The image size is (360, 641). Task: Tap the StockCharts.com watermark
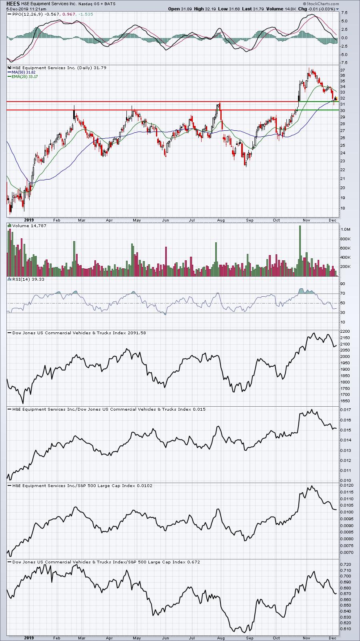pyautogui.click(x=321, y=4)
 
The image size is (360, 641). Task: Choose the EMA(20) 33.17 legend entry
pyautogui.click(x=25, y=76)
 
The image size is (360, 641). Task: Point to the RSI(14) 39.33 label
pyautogui.click(x=28, y=279)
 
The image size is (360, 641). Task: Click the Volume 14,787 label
pyautogui.click(x=29, y=226)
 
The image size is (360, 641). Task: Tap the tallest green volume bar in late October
pyautogui.click(x=300, y=251)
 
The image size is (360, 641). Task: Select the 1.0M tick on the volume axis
pyautogui.click(x=346, y=229)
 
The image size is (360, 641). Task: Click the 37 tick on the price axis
pyautogui.click(x=343, y=70)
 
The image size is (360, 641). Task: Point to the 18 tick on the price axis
pyautogui.click(x=343, y=208)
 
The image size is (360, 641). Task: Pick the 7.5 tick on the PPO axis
pyautogui.click(x=344, y=12)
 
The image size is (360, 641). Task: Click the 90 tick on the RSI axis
pyautogui.click(x=343, y=284)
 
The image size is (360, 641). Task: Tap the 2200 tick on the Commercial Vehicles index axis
pyautogui.click(x=345, y=331)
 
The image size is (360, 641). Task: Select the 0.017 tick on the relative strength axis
pyautogui.click(x=346, y=409)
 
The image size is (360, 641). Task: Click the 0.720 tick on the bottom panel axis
pyautogui.click(x=346, y=564)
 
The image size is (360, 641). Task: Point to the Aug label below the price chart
pyautogui.click(x=221, y=220)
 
